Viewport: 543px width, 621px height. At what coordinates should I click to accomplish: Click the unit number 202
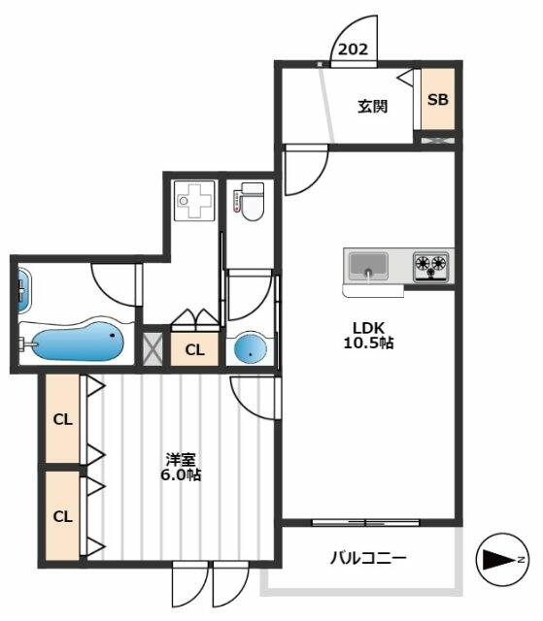tap(353, 49)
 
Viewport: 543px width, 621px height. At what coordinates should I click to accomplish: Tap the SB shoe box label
tap(437, 99)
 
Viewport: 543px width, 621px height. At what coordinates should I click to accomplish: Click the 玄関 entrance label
tap(373, 106)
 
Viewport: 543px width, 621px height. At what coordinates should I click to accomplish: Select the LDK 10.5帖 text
tap(368, 335)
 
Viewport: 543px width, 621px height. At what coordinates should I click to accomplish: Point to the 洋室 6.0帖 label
tap(181, 467)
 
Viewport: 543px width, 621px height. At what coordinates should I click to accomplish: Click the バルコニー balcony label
tap(368, 559)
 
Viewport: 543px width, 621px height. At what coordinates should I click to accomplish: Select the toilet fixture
tap(249, 202)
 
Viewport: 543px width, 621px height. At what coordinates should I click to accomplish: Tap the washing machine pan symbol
tap(194, 200)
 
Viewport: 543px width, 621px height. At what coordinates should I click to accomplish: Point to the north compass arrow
tap(502, 560)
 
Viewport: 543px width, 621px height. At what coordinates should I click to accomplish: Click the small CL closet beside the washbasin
tap(194, 349)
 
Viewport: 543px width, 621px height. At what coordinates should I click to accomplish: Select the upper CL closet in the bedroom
tap(62, 418)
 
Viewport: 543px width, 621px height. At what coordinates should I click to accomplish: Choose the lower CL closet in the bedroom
tap(62, 515)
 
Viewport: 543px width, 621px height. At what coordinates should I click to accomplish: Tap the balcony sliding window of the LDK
tap(365, 523)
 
